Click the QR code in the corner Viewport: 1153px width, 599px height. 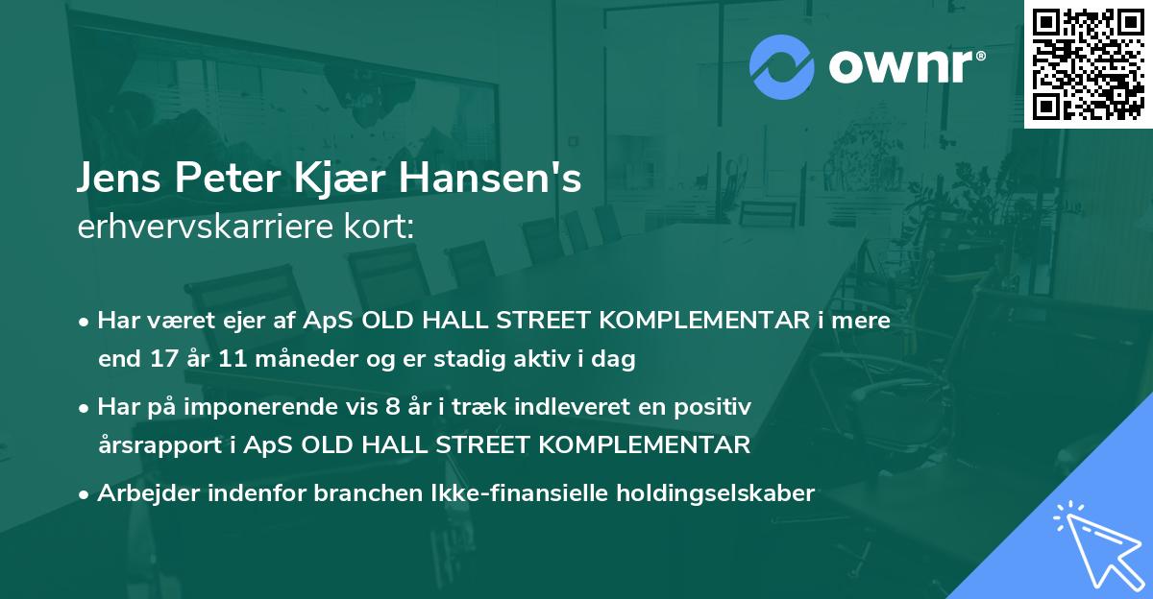pyautogui.click(x=1088, y=64)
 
